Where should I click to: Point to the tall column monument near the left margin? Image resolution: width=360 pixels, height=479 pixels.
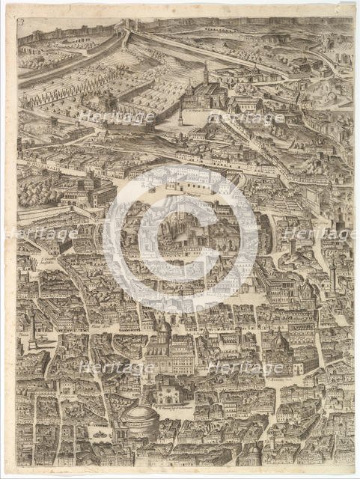(33, 328)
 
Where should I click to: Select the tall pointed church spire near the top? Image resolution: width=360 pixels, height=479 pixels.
(206, 73)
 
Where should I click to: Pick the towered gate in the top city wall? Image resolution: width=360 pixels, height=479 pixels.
(126, 28)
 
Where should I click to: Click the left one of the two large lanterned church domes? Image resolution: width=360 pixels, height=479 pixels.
(163, 329)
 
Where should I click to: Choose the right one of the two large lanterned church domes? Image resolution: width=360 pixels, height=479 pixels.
(278, 341)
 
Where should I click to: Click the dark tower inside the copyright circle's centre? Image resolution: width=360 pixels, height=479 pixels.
(182, 225)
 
